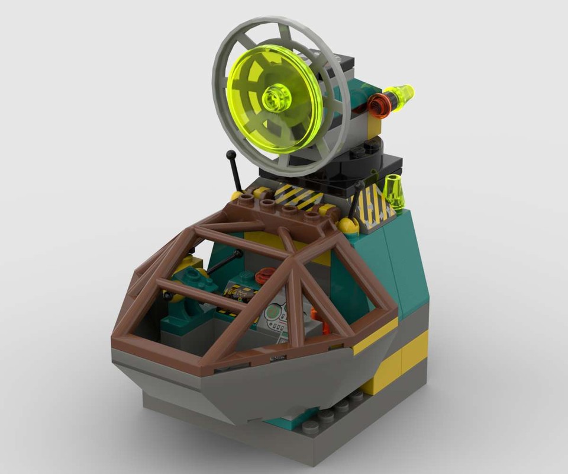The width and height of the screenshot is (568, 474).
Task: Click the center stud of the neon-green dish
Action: coord(273,97)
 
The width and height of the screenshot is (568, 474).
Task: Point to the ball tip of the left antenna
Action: coord(231,155)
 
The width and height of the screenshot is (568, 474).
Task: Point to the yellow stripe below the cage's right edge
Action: coord(375,335)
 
